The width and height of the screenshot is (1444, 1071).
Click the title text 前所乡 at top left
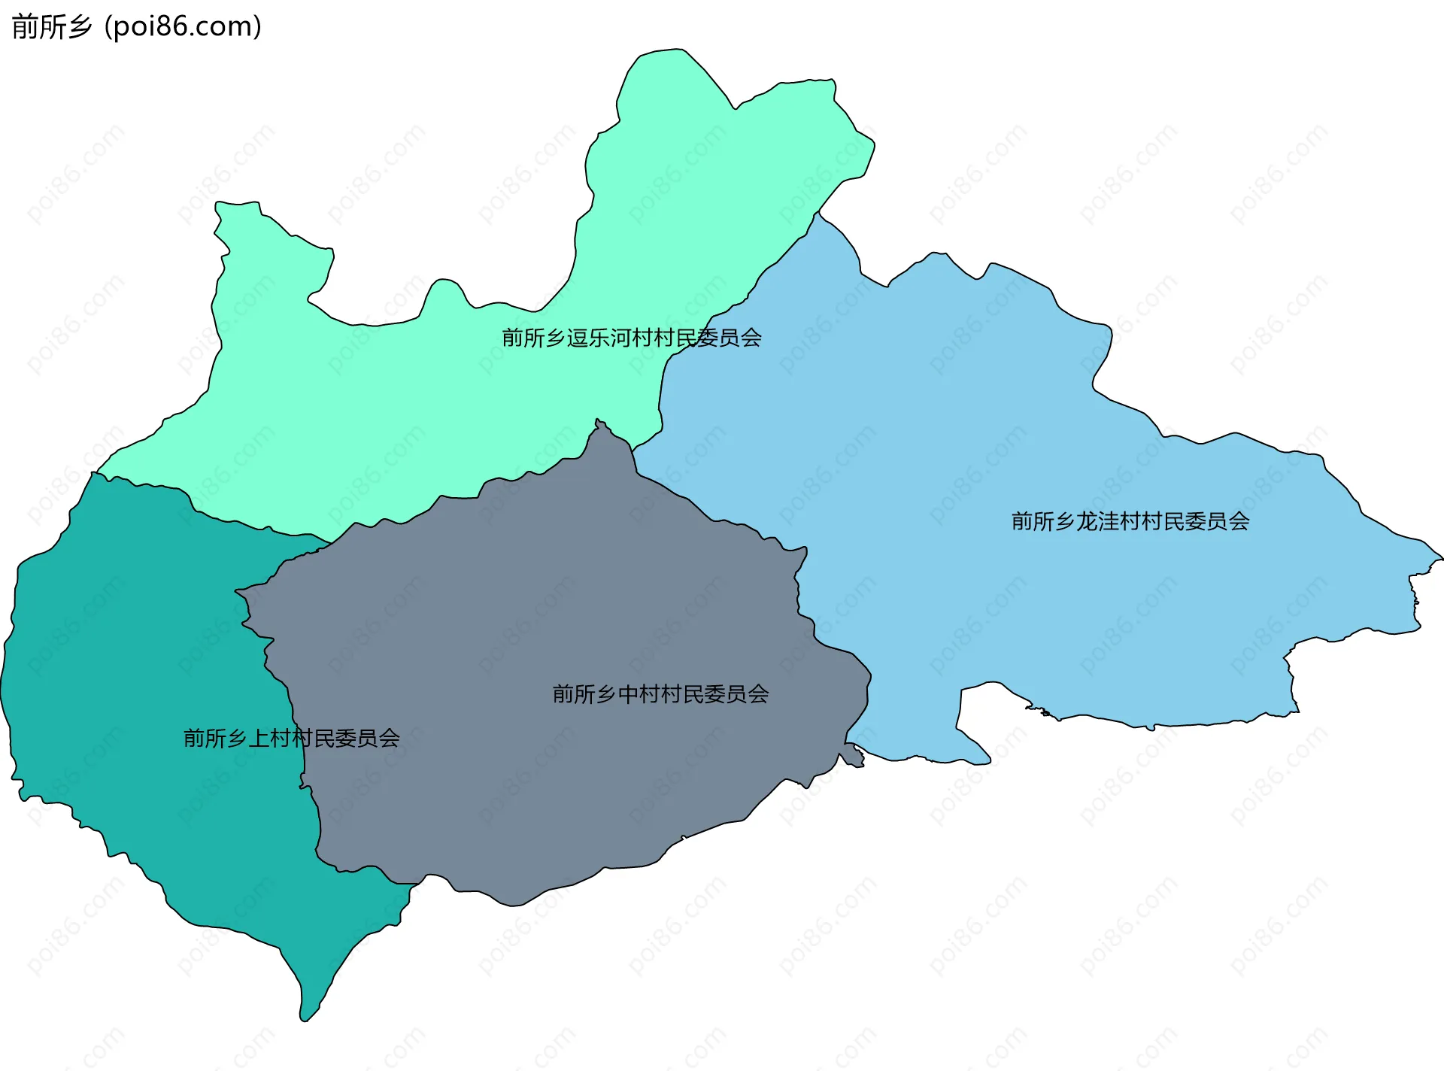pos(51,27)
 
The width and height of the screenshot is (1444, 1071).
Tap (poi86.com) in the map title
pos(184,27)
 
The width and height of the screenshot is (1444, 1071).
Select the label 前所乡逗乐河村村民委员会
pos(631,338)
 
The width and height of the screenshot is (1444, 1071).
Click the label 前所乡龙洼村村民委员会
pos(1130,521)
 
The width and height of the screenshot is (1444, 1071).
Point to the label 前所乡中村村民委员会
pos(660,693)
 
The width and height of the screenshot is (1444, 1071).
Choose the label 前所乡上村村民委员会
pos(291,738)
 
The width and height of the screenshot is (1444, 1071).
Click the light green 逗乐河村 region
pos(421,406)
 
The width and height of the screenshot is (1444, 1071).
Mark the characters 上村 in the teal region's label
pos(269,738)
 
